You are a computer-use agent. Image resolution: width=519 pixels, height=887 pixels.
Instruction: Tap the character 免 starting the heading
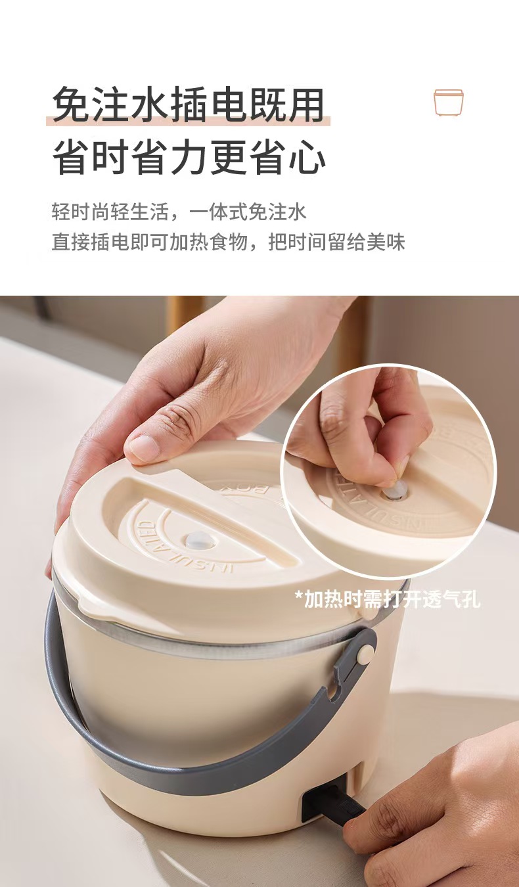coord(71,105)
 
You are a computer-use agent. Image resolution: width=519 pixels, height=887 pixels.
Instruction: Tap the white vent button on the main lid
coord(198,540)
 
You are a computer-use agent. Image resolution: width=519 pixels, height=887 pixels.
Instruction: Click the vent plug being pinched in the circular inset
coord(394,491)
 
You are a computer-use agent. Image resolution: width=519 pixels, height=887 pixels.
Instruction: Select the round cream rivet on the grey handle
coord(365,653)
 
